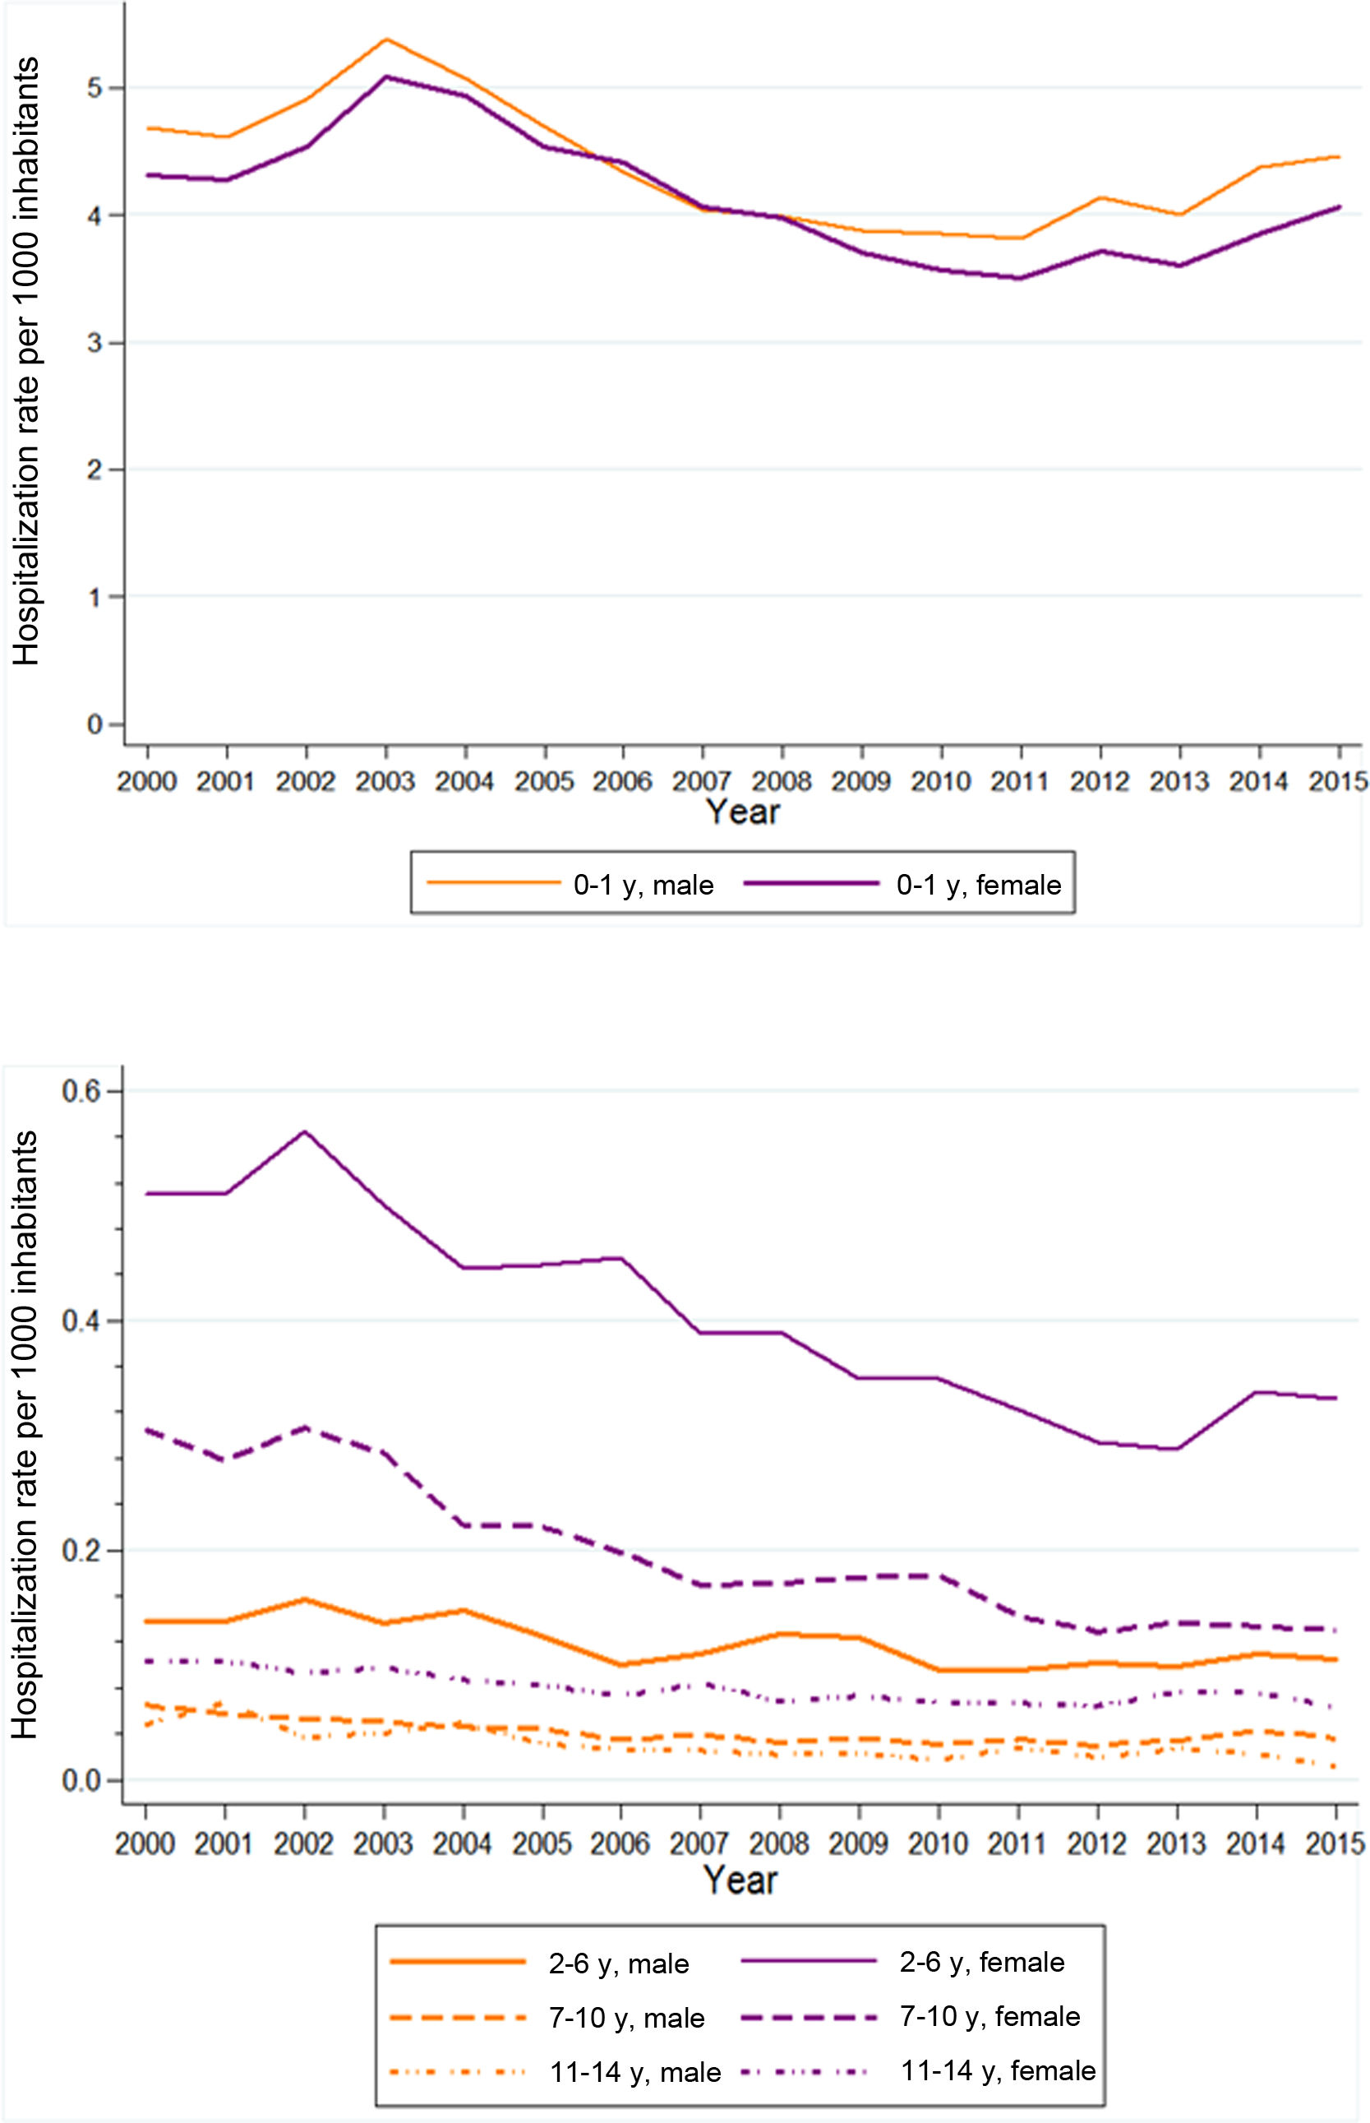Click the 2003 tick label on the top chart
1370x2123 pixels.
click(x=385, y=782)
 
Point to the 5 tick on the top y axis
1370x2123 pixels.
click(x=95, y=88)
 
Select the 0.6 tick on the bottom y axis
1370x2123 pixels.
click(x=81, y=1092)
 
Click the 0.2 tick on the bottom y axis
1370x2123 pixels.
click(x=81, y=1551)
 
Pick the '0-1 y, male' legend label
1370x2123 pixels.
click(x=643, y=886)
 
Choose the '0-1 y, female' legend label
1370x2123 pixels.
click(x=979, y=886)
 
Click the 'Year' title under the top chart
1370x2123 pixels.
click(x=743, y=812)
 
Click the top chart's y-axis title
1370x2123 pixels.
click(x=26, y=361)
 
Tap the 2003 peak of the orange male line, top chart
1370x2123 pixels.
click(x=386, y=39)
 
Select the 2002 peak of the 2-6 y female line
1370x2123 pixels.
click(x=305, y=1131)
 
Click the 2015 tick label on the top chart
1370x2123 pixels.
click(x=1337, y=782)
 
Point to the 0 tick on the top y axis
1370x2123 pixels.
click(x=95, y=725)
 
